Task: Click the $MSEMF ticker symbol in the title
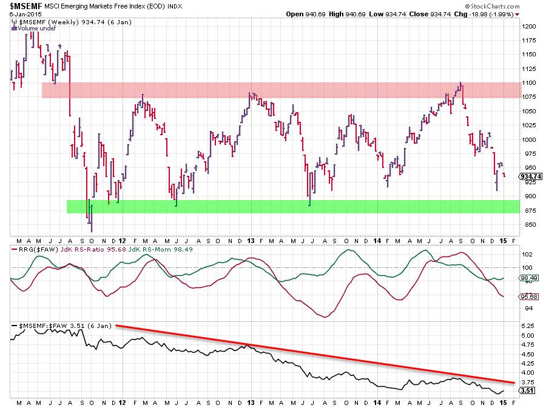pos(21,5)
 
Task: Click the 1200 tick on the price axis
pos(529,27)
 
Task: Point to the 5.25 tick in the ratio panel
pos(527,326)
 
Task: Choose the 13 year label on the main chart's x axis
pos(251,241)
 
